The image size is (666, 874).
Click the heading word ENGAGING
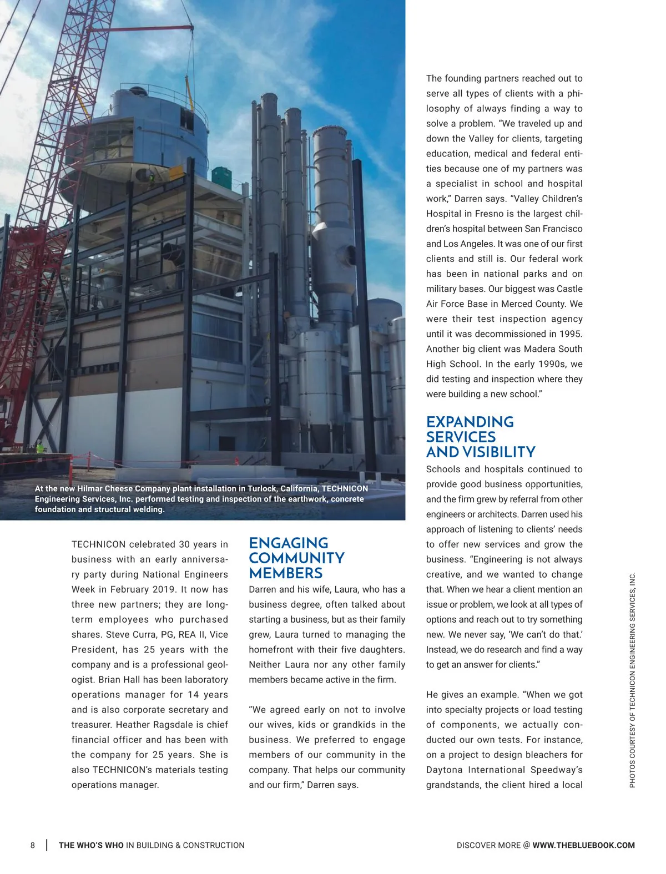point(289,543)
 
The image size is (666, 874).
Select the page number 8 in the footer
point(33,845)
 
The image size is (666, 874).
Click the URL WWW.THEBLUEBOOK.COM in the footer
point(583,845)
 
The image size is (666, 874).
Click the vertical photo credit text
point(632,680)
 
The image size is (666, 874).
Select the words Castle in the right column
point(569,289)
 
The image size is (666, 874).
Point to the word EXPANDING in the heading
point(470,422)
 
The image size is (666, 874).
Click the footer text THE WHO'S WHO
point(91,845)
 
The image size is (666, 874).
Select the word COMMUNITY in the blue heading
point(297,558)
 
